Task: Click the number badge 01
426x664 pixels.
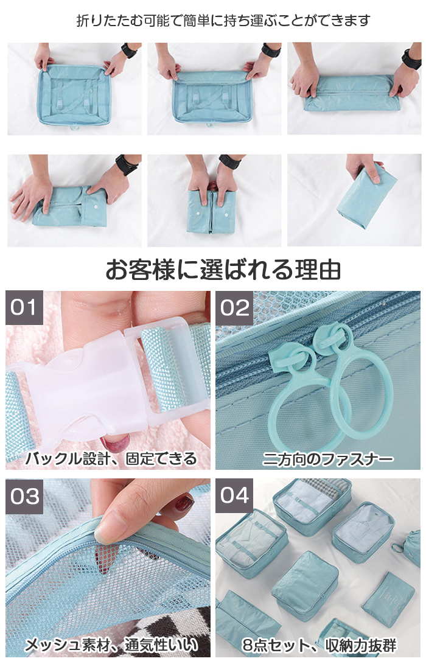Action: click(x=24, y=307)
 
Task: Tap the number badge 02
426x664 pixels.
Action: click(x=234, y=308)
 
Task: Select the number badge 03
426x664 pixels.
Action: click(x=24, y=496)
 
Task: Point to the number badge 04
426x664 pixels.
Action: click(x=234, y=496)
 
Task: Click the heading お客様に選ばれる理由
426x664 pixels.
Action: click(x=223, y=270)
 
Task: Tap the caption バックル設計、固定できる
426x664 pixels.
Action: click(x=111, y=458)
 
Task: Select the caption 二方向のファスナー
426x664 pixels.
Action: click(x=328, y=459)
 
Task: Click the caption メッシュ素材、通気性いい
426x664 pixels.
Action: click(x=111, y=645)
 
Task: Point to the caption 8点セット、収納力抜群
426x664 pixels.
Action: click(x=319, y=645)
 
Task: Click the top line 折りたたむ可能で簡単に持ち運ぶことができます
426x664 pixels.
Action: click(x=223, y=20)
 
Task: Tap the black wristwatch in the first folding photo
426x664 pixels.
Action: click(x=129, y=51)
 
